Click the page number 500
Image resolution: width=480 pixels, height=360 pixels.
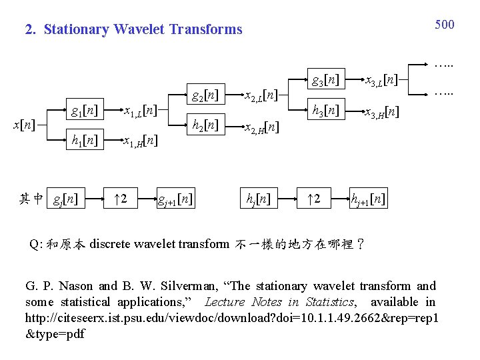tap(445, 25)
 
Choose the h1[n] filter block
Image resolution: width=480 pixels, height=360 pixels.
tap(85, 140)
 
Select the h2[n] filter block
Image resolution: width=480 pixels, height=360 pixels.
tap(205, 125)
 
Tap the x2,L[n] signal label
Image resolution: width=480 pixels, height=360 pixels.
tap(259, 95)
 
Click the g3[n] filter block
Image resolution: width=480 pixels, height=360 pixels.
tap(326, 79)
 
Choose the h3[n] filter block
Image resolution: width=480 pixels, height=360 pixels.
tap(326, 110)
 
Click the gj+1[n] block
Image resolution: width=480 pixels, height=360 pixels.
tap(175, 198)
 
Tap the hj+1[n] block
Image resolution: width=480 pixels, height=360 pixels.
tap(369, 198)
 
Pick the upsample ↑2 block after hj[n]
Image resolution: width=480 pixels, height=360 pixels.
tap(314, 198)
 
